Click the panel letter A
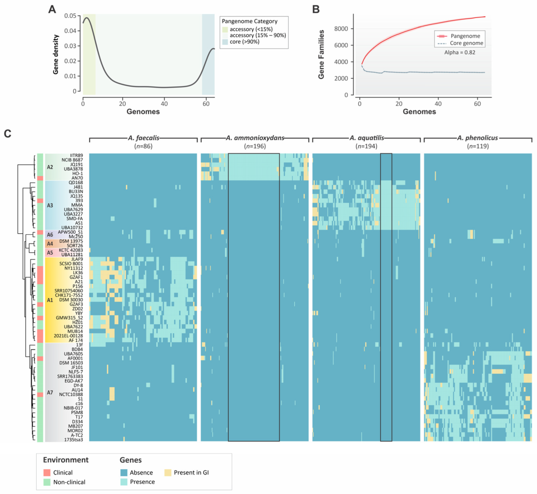[52, 9]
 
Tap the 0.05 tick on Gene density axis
[70, 16]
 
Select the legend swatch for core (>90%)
[225, 42]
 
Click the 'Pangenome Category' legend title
[249, 21]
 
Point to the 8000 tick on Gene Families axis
[341, 29]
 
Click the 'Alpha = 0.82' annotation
[459, 52]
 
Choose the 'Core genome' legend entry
[466, 43]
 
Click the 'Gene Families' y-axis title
[321, 54]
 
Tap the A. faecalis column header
[143, 138]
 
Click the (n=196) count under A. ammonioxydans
[255, 146]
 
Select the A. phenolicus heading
[477, 138]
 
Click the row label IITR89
[76, 155]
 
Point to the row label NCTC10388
[71, 394]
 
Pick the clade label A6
[50, 235]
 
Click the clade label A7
[50, 392]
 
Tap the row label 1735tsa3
[74, 440]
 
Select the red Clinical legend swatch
[47, 473]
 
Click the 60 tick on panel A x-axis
[206, 104]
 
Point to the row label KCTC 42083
[71, 250]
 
